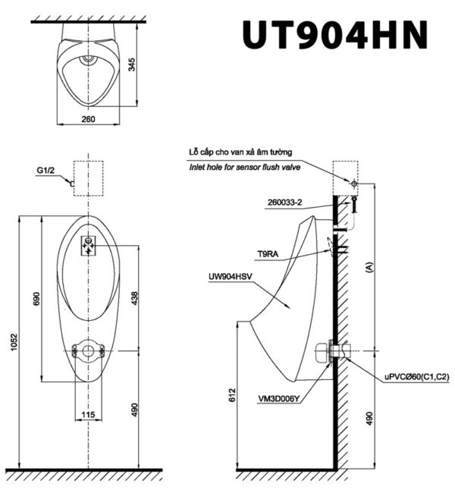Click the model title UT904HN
click(334, 35)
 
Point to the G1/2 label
click(46, 172)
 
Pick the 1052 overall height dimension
click(11, 344)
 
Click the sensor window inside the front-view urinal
click(89, 244)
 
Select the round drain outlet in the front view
click(89, 350)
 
